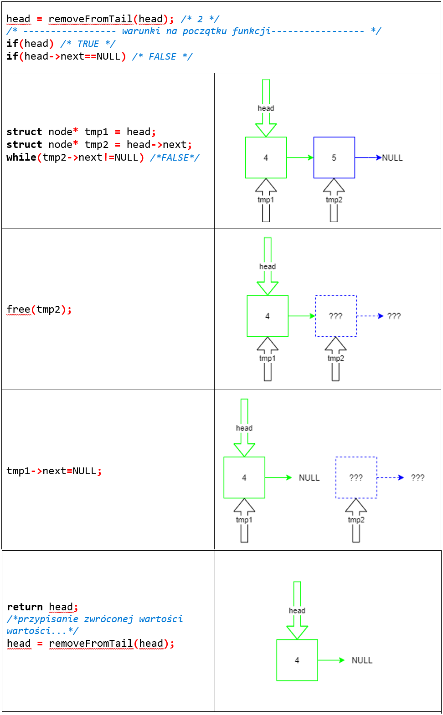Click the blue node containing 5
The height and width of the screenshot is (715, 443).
pos(334,157)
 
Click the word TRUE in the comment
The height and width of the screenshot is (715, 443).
pos(88,44)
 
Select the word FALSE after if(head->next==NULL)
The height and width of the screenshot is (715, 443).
pos(162,57)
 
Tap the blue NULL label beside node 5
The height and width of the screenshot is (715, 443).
pos(392,158)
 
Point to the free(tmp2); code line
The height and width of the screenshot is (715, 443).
pos(39,309)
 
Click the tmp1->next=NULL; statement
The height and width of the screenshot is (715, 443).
pos(54,471)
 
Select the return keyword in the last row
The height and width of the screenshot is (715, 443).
pos(25,607)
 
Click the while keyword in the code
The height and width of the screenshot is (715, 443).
pos(21,157)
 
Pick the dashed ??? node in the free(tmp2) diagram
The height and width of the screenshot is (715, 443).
pos(336,316)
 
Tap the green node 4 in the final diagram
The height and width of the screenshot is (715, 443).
pos(297,660)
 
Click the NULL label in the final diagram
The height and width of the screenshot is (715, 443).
pos(362,660)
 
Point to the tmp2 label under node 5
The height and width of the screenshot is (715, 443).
pos(334,200)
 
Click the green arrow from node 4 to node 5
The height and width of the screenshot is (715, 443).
pos(300,157)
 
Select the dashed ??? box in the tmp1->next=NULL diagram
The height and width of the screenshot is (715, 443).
pos(356,477)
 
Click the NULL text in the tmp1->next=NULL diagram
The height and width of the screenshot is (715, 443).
pos(309,478)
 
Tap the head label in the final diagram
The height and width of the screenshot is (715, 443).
pos(297,611)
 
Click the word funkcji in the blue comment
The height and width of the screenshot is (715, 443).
pos(251,31)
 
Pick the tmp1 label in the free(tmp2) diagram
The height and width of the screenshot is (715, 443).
pos(268,359)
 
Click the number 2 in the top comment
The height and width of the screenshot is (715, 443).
pos(200,19)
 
